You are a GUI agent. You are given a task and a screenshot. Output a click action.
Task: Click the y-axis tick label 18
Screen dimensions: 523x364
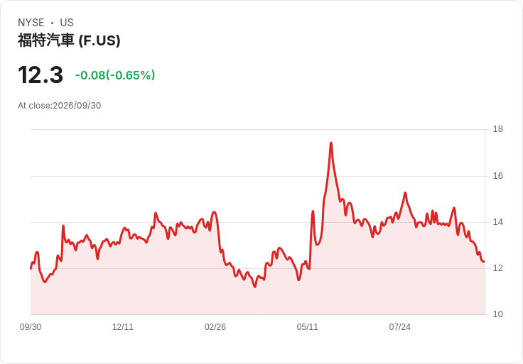(x=497, y=129)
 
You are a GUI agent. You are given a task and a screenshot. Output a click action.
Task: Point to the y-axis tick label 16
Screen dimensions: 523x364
(x=497, y=176)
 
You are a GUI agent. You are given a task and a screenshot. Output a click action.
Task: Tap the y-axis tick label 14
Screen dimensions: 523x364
(x=497, y=222)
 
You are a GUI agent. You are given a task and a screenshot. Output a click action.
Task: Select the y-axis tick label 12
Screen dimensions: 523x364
(x=497, y=268)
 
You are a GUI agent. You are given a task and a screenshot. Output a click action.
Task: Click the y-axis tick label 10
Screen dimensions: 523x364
(x=497, y=314)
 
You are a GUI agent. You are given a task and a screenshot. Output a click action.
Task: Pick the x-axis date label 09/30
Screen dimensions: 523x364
(x=31, y=327)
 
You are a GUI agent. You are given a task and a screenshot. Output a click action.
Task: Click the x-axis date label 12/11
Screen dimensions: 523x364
(x=123, y=327)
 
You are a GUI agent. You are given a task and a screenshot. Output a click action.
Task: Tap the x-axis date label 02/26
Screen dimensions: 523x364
(x=215, y=327)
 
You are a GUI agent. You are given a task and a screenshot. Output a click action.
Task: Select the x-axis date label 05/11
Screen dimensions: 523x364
(x=307, y=327)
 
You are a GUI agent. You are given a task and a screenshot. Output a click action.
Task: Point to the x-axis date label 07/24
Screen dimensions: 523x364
(x=399, y=327)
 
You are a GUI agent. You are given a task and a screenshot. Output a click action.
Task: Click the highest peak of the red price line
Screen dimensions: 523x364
(x=331, y=143)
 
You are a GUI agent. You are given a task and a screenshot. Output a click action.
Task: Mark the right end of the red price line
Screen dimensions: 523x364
(x=485, y=262)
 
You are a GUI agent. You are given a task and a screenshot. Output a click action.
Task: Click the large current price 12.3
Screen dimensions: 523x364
(x=41, y=75)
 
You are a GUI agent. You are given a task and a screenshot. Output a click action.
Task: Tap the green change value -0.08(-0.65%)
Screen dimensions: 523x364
(x=115, y=75)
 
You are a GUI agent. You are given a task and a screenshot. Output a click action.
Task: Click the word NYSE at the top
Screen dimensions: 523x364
(x=31, y=23)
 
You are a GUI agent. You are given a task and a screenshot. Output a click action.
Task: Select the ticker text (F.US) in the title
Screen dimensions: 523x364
(x=99, y=40)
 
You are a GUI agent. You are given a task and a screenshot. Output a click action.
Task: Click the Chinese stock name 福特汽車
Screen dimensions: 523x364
(x=45, y=40)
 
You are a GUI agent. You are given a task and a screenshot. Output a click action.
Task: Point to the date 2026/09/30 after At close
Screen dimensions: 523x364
(x=77, y=106)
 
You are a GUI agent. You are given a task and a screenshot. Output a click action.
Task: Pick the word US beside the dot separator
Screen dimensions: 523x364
(x=67, y=23)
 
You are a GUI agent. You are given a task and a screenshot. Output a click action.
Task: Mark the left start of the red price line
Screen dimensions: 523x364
(x=31, y=268)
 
